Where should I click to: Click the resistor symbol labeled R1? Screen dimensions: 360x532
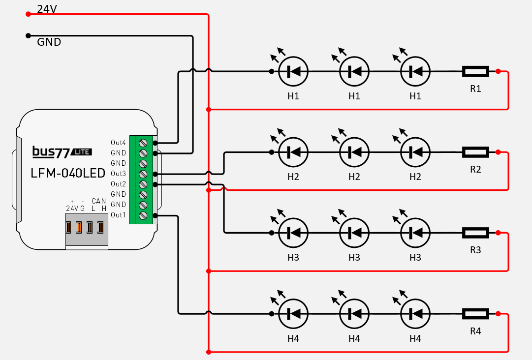(x=475, y=72)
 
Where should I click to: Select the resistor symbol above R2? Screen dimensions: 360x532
(x=475, y=152)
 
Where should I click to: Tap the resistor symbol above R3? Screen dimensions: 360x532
(x=475, y=233)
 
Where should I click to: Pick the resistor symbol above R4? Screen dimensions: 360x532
(x=475, y=313)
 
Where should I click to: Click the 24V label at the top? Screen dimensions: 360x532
(x=47, y=9)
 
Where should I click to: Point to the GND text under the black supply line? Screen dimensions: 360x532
(x=49, y=43)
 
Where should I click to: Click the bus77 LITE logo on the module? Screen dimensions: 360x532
(x=62, y=151)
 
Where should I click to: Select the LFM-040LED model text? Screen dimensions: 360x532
(x=68, y=173)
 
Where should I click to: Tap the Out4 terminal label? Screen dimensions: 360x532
(x=118, y=143)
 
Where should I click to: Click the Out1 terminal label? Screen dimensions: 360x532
(x=118, y=215)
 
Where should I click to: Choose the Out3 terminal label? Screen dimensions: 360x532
(x=118, y=174)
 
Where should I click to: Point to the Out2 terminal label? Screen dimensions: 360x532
(x=118, y=184)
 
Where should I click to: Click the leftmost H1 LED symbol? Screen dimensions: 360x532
(x=293, y=72)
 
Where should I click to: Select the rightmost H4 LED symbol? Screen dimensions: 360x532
(x=415, y=313)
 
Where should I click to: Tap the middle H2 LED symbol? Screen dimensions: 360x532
(x=354, y=152)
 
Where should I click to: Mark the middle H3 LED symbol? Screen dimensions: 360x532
(x=354, y=233)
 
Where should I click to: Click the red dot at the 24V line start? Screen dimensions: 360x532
(x=28, y=14)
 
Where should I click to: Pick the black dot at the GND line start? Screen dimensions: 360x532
(x=28, y=35)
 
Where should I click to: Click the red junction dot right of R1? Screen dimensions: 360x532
(x=498, y=72)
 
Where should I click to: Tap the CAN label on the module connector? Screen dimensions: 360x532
(x=98, y=201)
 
